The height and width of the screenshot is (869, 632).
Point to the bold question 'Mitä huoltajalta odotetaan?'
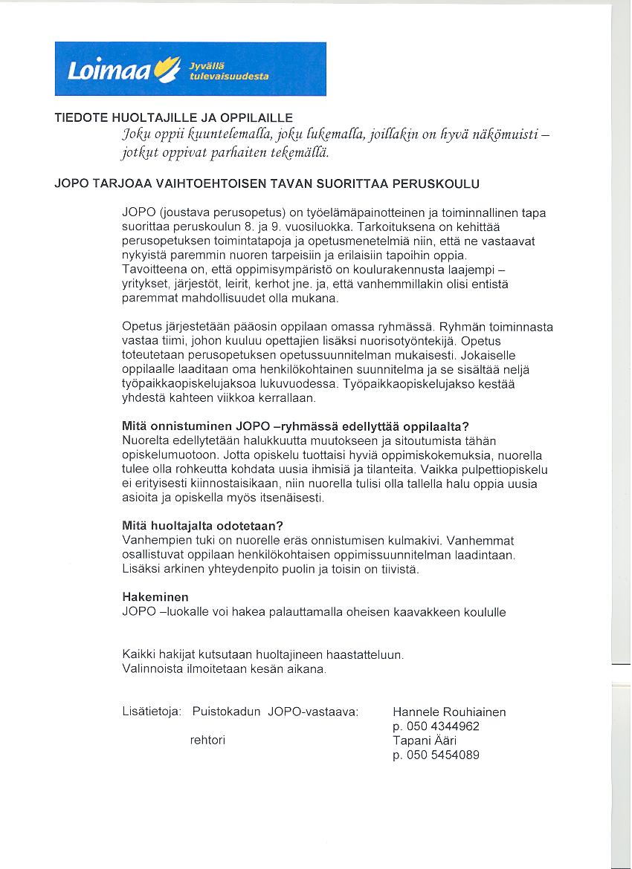pyautogui.click(x=202, y=526)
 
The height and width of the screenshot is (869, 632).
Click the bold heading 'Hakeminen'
pyautogui.click(x=155, y=597)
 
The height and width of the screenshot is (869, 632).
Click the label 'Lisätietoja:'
pyautogui.click(x=152, y=712)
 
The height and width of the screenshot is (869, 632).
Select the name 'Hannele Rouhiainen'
pyautogui.click(x=449, y=712)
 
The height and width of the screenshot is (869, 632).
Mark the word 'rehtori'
pyautogui.click(x=208, y=741)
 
